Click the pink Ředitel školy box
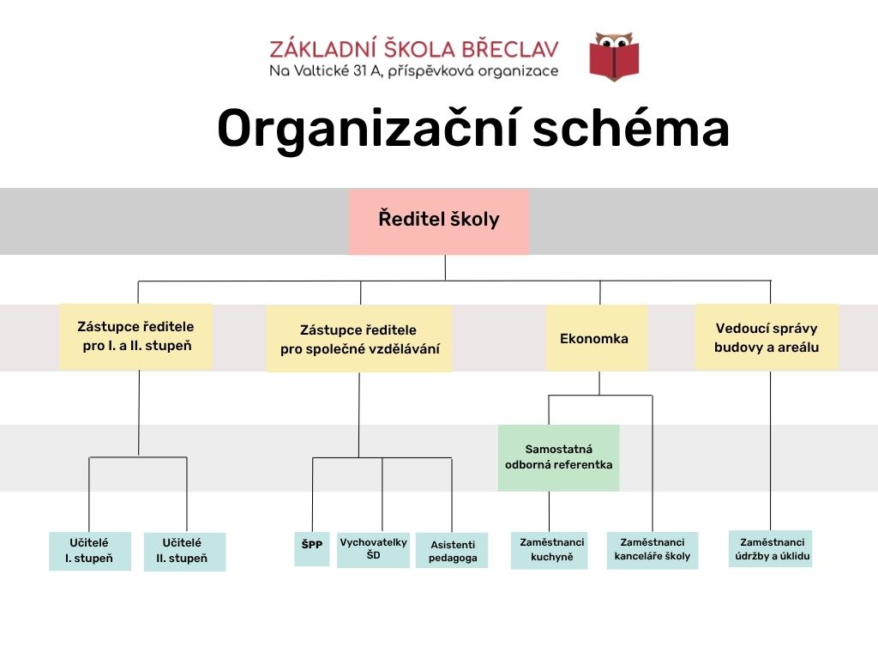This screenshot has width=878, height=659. point(438,221)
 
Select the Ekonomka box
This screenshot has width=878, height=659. point(596,338)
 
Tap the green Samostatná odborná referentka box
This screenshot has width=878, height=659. point(558,457)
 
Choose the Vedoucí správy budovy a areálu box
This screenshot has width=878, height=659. point(766,337)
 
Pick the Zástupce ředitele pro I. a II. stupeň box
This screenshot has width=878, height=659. point(135,336)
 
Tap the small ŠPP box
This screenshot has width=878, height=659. point(311,549)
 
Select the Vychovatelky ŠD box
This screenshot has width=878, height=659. point(372,549)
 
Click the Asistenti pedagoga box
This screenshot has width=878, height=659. point(451,551)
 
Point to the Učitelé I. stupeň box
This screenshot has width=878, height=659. point(90,551)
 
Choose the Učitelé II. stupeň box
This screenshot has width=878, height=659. point(184,552)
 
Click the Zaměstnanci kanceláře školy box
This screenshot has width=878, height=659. point(652,550)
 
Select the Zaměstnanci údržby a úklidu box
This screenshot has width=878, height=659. point(770,548)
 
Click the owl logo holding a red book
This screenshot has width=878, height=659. point(614,56)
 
